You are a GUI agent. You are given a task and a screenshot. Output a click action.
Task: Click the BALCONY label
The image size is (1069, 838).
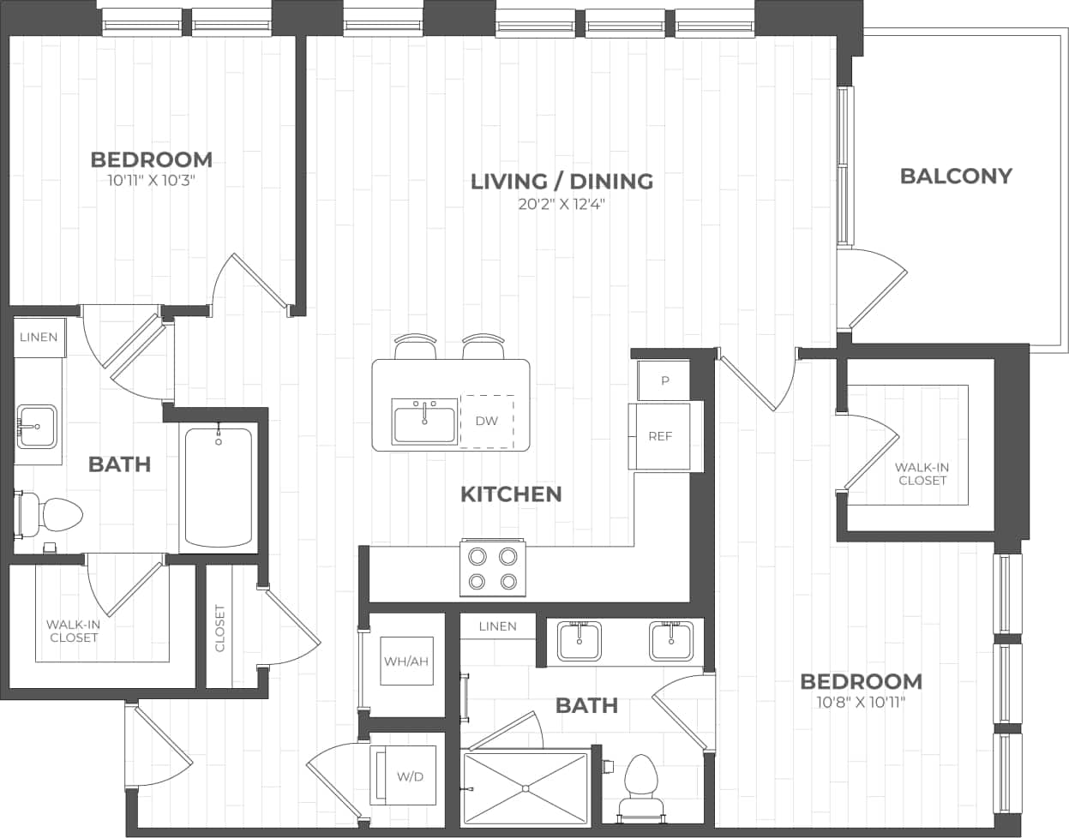(956, 176)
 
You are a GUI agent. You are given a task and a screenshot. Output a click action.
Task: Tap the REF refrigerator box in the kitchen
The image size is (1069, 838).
(659, 436)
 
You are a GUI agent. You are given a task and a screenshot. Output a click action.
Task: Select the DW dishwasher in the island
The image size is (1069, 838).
(487, 421)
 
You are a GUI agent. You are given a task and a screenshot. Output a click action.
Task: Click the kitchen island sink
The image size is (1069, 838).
(425, 422)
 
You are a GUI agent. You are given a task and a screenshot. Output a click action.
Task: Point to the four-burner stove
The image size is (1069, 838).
(492, 567)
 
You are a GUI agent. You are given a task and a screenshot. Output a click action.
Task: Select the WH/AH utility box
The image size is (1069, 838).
(405, 661)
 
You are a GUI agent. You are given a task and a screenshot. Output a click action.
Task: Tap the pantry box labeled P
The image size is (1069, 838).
(664, 380)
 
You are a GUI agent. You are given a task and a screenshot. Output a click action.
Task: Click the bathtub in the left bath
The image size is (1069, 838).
(219, 488)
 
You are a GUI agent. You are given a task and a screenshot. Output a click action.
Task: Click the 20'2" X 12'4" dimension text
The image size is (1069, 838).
(562, 204)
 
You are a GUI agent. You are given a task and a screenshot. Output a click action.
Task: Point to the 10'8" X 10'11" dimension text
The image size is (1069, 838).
(861, 703)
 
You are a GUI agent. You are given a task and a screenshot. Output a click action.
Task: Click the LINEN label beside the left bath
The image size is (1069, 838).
(39, 337)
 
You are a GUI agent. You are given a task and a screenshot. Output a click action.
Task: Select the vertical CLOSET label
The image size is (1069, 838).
(219, 627)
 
